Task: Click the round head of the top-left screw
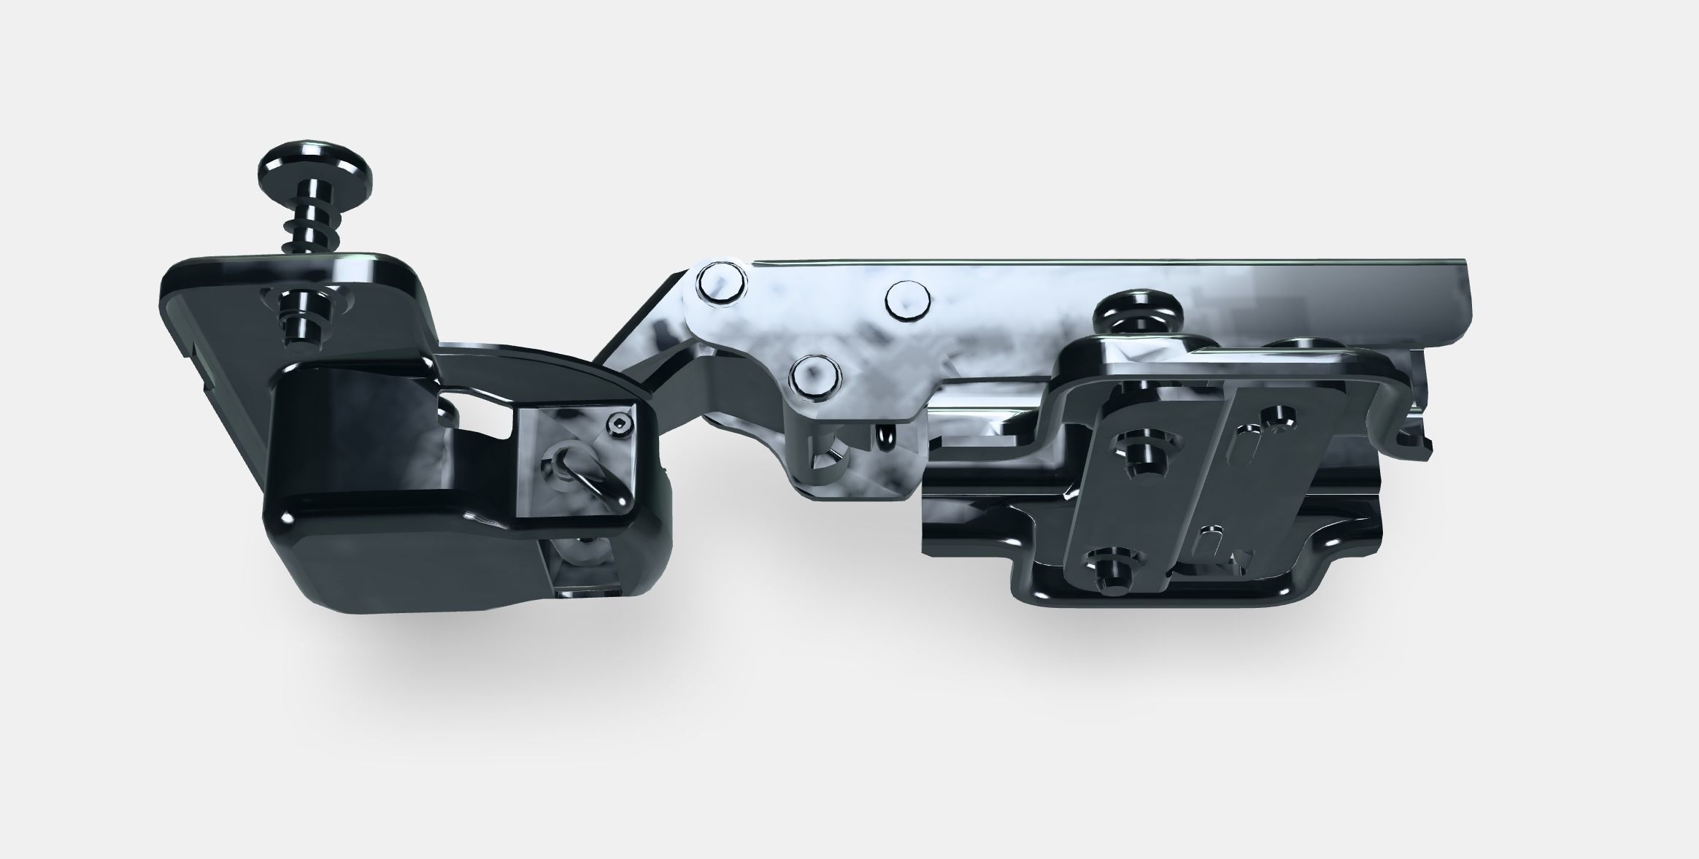coord(315,176)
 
